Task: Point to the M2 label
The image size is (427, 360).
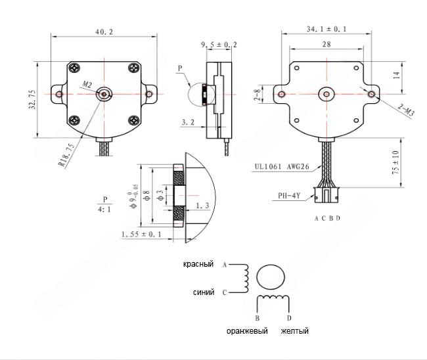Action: click(x=87, y=85)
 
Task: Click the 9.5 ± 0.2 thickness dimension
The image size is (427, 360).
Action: click(x=219, y=45)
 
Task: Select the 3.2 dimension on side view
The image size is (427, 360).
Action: click(x=187, y=123)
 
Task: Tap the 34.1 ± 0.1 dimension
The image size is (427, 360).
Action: click(x=326, y=29)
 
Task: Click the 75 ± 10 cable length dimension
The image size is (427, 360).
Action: click(x=413, y=161)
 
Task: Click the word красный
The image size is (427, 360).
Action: click(x=198, y=264)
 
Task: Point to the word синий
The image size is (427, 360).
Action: click(x=204, y=292)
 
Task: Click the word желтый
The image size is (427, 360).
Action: click(x=294, y=331)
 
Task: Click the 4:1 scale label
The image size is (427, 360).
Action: click(x=104, y=210)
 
